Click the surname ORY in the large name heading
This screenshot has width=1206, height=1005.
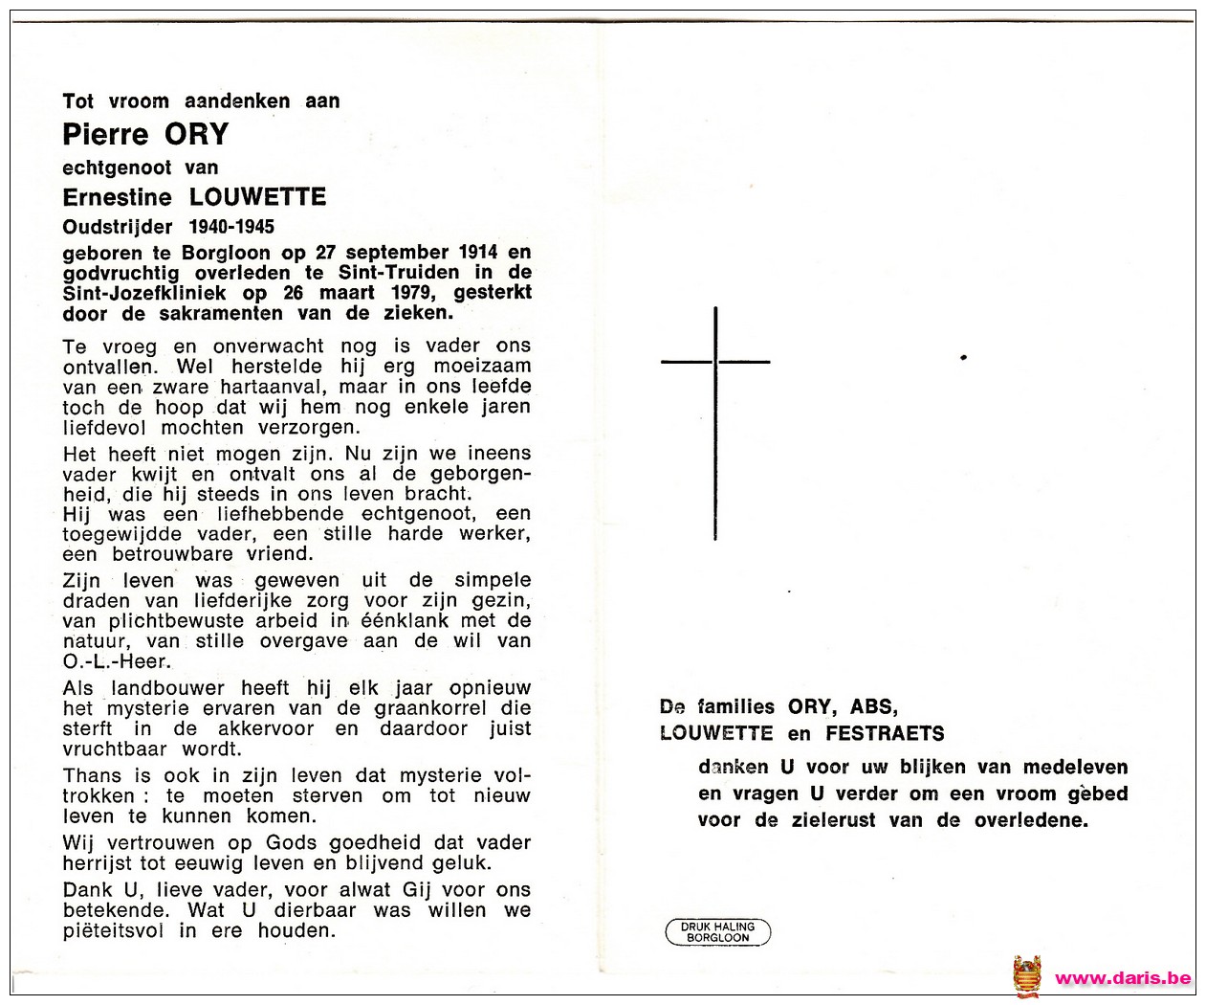pyautogui.click(x=197, y=135)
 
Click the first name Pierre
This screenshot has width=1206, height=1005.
pyautogui.click(x=105, y=135)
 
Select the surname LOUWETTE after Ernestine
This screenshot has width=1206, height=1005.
pyautogui.click(x=257, y=198)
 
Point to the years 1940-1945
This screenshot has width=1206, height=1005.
pyautogui.click(x=231, y=227)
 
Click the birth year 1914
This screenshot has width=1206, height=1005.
pyautogui.click(x=478, y=253)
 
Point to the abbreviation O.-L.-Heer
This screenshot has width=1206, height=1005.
pyautogui.click(x=117, y=662)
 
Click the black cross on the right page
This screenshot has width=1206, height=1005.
pyautogui.click(x=715, y=421)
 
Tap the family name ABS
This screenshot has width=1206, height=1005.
pyautogui.click(x=873, y=707)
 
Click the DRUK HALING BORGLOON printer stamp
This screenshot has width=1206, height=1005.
pyautogui.click(x=717, y=932)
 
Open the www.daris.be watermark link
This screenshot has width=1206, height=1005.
pyautogui.click(x=1122, y=978)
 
